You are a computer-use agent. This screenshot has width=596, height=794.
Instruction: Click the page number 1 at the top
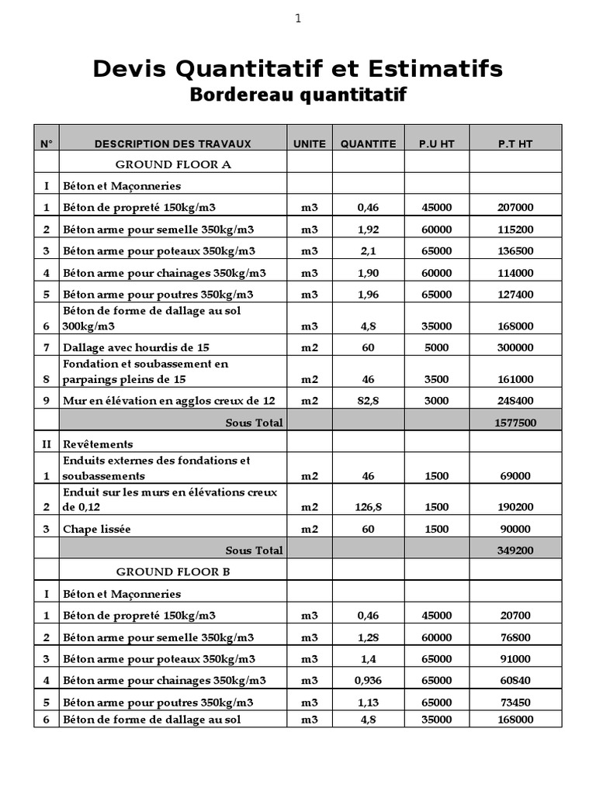click(297, 19)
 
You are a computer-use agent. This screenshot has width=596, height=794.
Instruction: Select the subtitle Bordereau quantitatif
click(298, 95)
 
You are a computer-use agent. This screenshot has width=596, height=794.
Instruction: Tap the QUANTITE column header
click(368, 143)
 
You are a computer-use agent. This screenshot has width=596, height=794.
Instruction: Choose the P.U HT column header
click(437, 143)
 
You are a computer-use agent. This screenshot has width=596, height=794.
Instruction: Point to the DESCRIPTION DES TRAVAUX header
click(173, 143)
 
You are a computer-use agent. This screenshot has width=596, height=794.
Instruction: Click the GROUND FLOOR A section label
click(173, 164)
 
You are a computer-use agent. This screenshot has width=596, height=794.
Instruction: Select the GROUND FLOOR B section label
click(173, 571)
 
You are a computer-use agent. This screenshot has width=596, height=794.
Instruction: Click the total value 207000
click(515, 208)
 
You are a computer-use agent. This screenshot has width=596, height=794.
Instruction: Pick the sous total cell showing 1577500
click(515, 423)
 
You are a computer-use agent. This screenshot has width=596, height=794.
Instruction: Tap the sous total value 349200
click(515, 550)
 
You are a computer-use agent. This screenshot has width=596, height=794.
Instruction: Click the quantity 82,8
click(368, 401)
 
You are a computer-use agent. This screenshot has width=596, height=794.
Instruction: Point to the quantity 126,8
click(368, 507)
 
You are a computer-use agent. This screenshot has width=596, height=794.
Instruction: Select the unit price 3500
click(437, 379)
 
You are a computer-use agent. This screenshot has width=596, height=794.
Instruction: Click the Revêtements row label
click(99, 444)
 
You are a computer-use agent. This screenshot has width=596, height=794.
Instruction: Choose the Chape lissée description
click(97, 529)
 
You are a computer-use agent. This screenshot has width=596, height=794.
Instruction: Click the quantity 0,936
click(368, 680)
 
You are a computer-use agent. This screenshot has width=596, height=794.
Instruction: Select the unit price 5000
click(437, 347)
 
